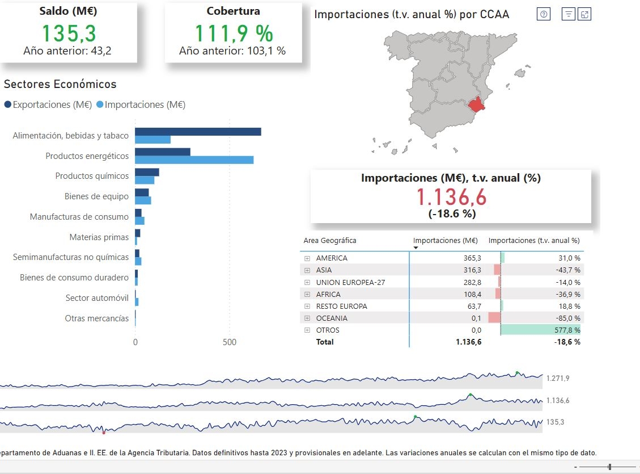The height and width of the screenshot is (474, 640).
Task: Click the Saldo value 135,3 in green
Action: (67, 33)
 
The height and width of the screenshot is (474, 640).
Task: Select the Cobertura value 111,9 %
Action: (234, 33)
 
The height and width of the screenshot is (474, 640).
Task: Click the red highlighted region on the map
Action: (477, 105)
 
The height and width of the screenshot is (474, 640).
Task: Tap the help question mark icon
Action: (544, 15)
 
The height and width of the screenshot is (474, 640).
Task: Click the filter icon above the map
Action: (568, 15)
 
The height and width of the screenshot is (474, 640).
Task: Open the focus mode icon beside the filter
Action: (584, 15)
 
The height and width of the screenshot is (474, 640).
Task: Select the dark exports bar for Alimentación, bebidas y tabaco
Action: (198, 132)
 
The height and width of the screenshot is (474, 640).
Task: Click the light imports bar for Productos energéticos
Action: (194, 160)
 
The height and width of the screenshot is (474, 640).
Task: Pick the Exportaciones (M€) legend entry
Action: (48, 104)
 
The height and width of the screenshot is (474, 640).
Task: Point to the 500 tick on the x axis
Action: (230, 342)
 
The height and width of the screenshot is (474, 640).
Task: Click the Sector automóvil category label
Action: (97, 298)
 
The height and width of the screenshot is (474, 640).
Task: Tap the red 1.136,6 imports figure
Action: (451, 197)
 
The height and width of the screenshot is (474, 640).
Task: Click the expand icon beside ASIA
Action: (308, 270)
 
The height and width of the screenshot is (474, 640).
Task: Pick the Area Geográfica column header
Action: (330, 241)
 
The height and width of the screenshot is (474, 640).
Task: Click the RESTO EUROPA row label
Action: (341, 307)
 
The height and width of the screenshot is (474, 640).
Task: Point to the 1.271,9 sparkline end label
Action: (558, 379)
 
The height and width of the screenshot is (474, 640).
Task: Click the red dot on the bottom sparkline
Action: (104, 433)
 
